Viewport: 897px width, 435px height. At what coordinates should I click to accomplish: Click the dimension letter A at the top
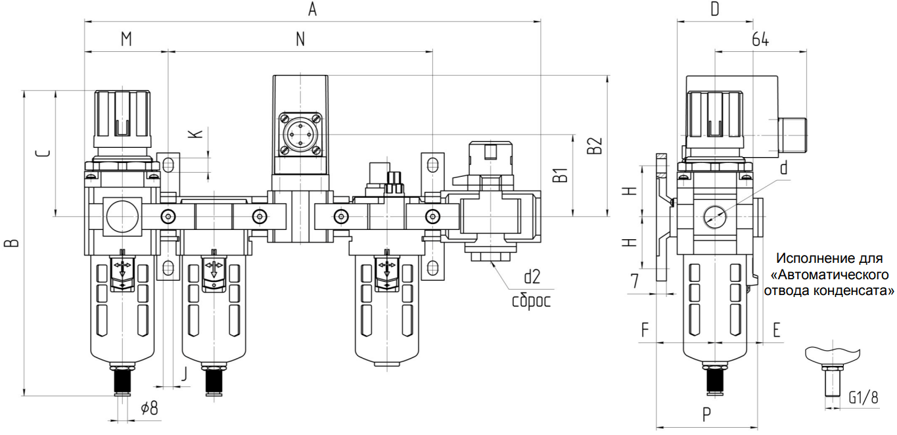[312, 9]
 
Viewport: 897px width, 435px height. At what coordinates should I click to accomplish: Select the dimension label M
[126, 39]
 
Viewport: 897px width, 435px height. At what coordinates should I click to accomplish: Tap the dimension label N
[300, 39]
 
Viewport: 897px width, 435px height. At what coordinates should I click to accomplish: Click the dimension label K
[195, 133]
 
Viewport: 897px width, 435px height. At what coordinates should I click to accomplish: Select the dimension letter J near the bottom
[184, 373]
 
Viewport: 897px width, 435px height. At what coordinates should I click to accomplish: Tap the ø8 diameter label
[149, 408]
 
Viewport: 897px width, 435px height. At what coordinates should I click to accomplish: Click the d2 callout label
[532, 277]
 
